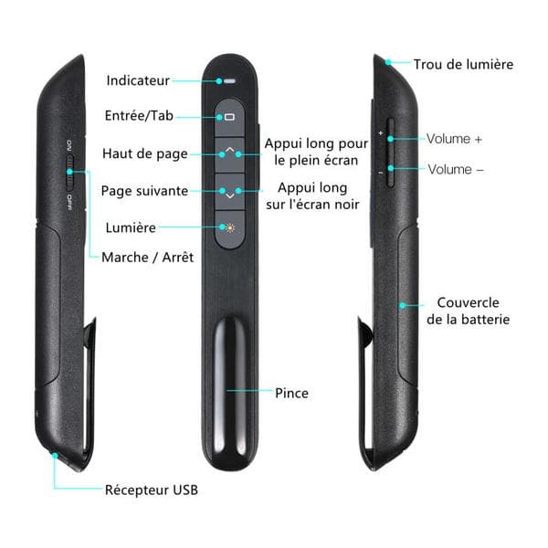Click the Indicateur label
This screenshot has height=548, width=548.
[138, 80]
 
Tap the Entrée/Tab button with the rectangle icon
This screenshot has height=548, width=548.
[229, 118]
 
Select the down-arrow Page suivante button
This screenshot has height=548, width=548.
[229, 192]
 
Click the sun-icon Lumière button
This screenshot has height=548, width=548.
[229, 229]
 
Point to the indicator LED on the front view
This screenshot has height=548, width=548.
[229, 81]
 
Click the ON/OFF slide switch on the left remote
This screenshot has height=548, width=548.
[70, 172]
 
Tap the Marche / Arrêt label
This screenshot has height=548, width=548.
[147, 258]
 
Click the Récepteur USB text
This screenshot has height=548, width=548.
[152, 490]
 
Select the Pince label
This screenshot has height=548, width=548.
[291, 393]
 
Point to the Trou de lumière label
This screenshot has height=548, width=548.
[463, 64]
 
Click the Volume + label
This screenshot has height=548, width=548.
[454, 139]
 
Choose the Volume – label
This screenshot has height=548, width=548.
[456, 170]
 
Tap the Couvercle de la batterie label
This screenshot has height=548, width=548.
[468, 311]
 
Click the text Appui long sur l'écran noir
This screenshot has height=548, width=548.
[312, 196]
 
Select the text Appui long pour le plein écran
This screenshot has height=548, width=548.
[316, 152]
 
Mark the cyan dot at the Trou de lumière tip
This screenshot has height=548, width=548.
[388, 62]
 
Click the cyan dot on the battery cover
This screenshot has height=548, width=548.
[402, 305]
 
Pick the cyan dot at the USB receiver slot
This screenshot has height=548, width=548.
[55, 455]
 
